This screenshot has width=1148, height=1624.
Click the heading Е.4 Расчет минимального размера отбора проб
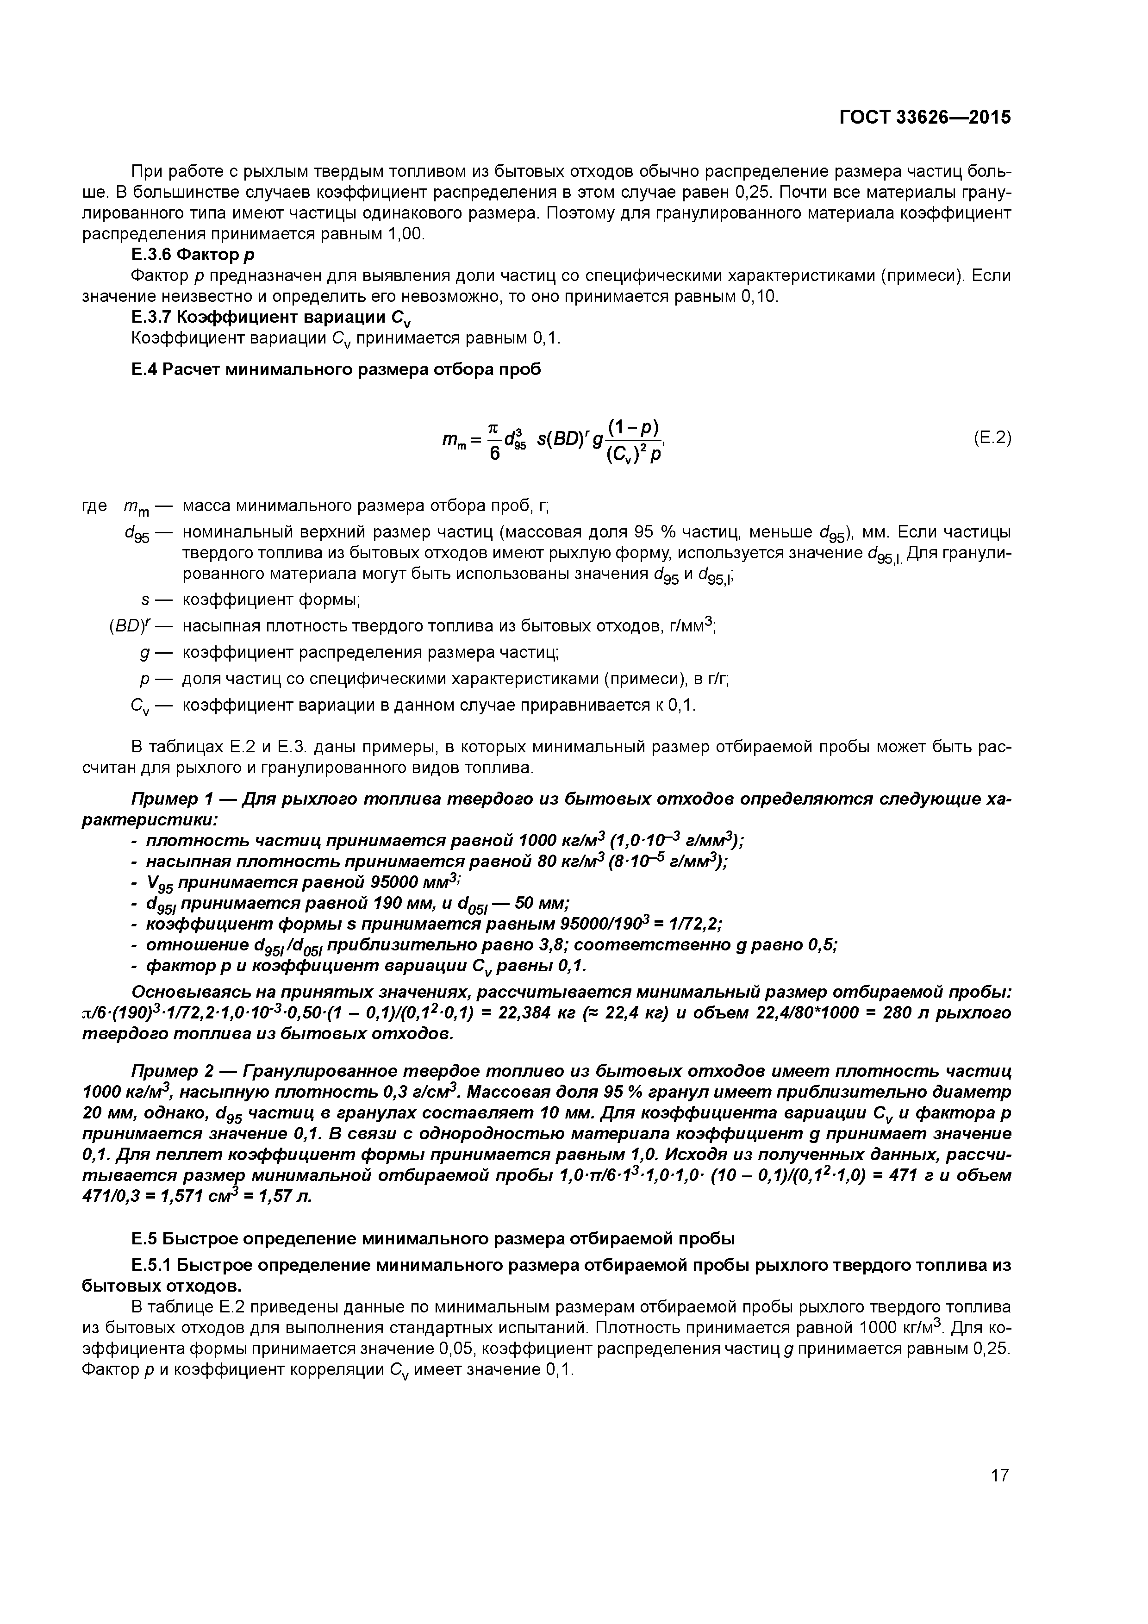[x=336, y=369]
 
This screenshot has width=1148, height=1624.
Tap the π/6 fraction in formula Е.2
[x=494, y=440]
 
